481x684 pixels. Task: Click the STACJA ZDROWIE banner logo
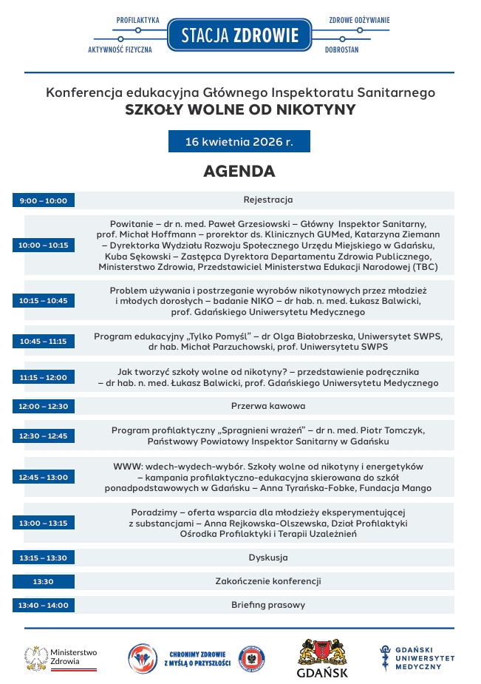(x=240, y=35)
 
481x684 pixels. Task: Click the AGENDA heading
(x=239, y=172)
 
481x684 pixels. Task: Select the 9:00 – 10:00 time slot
(x=44, y=200)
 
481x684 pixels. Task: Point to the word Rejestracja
(x=268, y=200)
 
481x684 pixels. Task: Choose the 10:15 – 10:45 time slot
(x=44, y=300)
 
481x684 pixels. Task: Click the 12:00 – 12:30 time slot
(x=44, y=406)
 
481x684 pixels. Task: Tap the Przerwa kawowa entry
(x=268, y=406)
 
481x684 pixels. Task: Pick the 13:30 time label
(x=44, y=581)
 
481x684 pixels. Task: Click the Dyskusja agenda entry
(x=268, y=558)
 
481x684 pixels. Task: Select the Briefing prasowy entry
(x=268, y=605)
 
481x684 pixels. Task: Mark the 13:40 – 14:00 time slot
(x=44, y=605)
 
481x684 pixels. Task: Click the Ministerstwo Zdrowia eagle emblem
(x=36, y=657)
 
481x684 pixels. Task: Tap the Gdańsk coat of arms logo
(x=322, y=652)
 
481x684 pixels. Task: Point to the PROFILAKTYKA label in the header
(x=138, y=20)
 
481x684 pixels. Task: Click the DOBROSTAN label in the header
(x=341, y=50)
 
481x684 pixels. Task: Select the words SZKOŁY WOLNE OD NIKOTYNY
(x=240, y=110)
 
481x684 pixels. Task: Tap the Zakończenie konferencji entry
(x=268, y=581)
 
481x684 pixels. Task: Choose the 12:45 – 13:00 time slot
(x=44, y=477)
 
